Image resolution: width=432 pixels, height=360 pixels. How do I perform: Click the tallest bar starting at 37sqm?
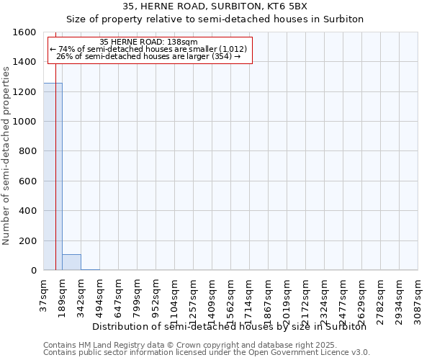point(53,176)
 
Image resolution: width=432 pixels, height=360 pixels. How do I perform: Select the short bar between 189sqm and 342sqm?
point(71,262)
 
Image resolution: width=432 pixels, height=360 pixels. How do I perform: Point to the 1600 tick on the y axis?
point(25,32)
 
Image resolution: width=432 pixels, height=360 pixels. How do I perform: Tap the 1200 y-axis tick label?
point(25,92)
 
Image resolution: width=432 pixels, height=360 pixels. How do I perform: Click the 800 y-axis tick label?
point(28,151)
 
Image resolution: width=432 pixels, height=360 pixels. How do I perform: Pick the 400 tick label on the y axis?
point(28,211)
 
